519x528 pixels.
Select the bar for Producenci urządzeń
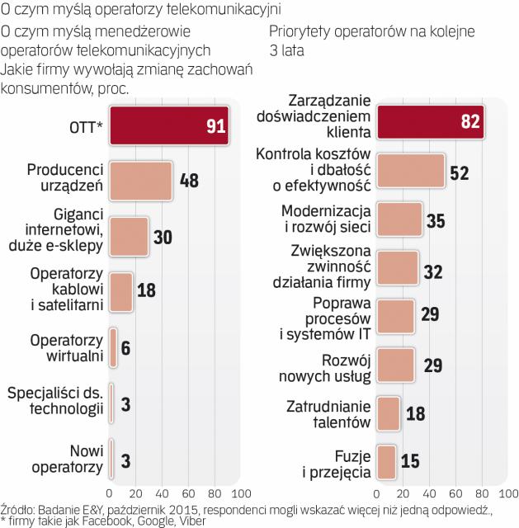(140, 181)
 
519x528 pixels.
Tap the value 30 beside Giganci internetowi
(163, 237)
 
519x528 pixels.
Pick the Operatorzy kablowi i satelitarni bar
(121, 291)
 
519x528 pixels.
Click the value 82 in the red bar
(470, 120)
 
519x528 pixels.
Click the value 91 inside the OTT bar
(217, 126)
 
